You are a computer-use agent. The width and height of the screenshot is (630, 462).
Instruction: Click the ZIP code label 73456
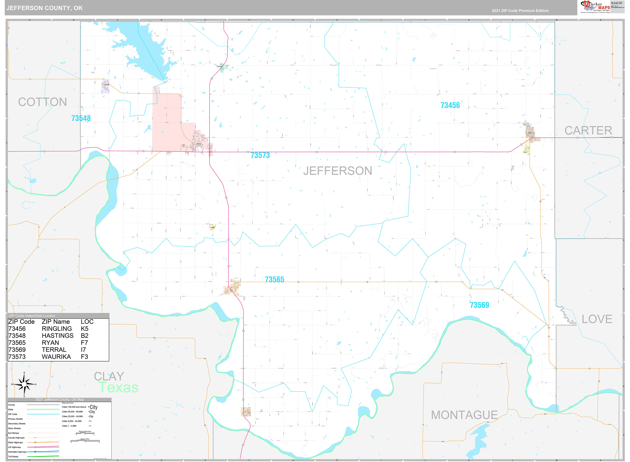click(450, 105)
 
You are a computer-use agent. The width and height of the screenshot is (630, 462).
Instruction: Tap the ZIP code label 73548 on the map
click(81, 118)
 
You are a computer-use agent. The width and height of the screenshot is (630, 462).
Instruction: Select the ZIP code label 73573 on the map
click(260, 155)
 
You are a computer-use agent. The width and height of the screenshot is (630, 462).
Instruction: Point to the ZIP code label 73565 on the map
click(274, 279)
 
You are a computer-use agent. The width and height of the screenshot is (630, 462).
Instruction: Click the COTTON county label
click(42, 102)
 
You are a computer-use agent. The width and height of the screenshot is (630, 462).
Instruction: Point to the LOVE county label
click(597, 319)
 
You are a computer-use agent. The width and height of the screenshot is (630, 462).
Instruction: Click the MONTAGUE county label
click(464, 415)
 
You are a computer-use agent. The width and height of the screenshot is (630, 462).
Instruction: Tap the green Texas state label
click(119, 388)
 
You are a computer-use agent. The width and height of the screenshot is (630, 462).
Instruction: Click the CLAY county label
click(109, 376)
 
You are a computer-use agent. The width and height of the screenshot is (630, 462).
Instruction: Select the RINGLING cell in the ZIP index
click(57, 329)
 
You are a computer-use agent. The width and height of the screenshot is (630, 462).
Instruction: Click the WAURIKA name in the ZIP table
click(56, 357)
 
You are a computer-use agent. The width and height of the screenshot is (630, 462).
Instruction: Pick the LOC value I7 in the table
click(83, 350)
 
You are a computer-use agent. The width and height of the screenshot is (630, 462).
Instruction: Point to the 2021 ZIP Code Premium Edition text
click(520, 11)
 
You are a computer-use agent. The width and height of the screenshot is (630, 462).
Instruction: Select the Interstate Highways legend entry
click(17, 452)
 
